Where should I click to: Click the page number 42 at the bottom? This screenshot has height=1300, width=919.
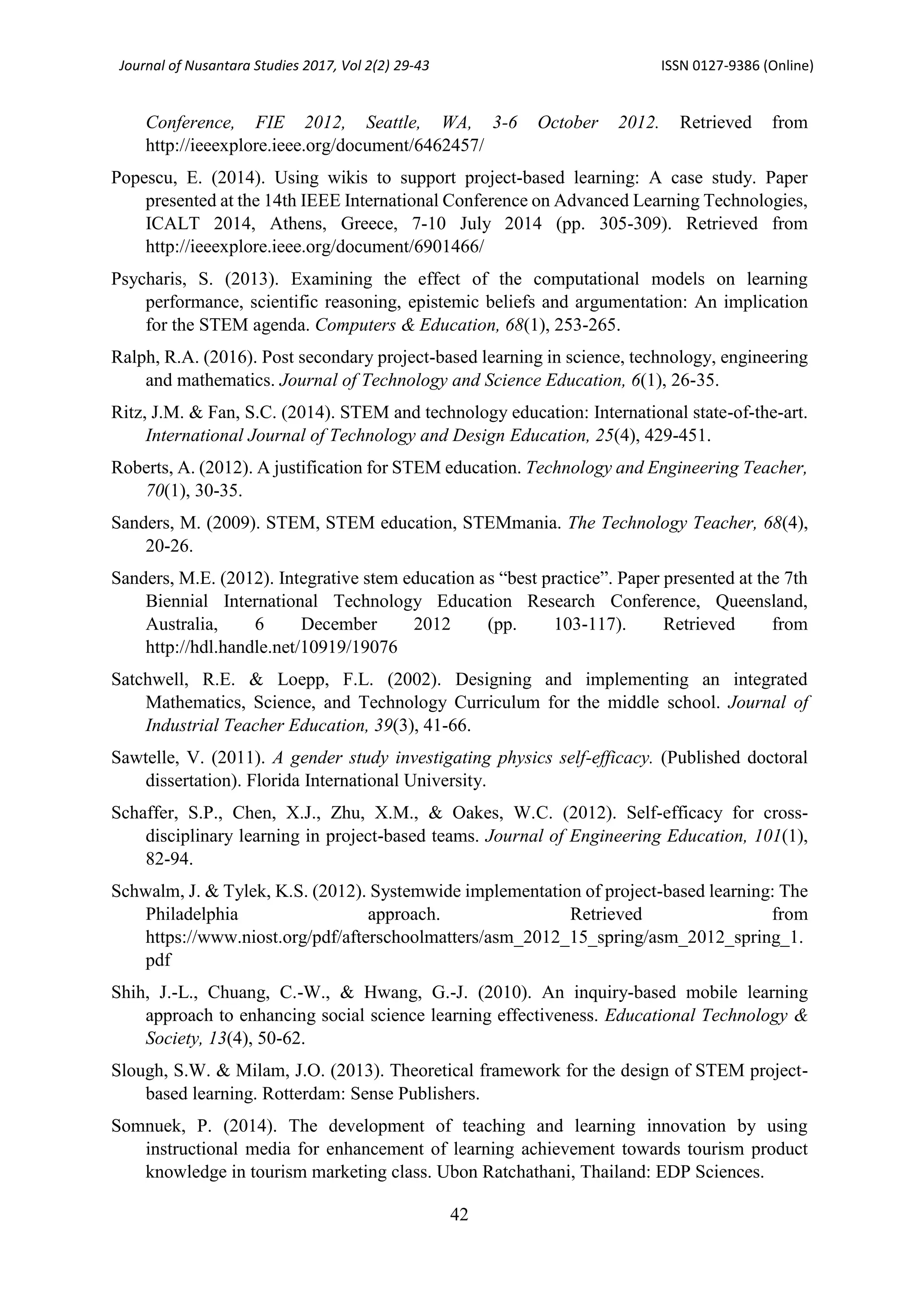459,1214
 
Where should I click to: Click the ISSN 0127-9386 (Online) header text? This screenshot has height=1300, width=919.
737,66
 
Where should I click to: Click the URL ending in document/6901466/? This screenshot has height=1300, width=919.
315,246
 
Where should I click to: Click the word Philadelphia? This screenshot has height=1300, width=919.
192,914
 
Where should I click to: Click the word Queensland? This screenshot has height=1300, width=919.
761,601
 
